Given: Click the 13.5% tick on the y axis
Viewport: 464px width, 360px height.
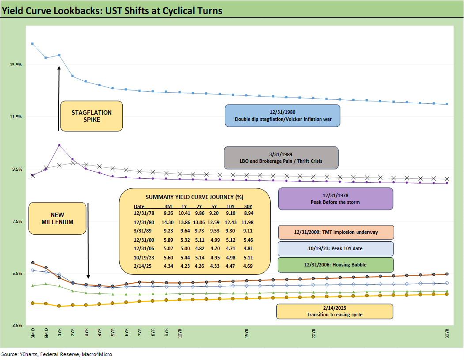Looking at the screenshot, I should tap(16, 64).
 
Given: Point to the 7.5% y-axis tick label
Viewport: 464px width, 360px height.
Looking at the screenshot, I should tap(16, 221).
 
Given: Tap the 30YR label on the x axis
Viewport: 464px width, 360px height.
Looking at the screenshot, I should tap(447, 333).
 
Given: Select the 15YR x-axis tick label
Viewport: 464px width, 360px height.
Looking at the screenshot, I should tap(246, 333).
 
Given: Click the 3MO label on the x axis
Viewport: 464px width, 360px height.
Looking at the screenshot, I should tap(32, 333).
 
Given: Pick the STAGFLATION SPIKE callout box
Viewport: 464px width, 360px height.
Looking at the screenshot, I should tap(91, 116).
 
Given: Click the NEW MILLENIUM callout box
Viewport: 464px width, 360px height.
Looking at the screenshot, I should tap(57, 218).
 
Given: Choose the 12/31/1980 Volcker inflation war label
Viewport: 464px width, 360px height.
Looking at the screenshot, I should tap(282, 116).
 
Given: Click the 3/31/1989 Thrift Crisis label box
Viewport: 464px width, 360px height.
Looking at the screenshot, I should tap(281, 157).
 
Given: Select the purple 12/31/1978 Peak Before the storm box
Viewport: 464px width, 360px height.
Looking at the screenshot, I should tap(335, 199).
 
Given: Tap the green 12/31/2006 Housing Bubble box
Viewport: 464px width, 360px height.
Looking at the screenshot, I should tap(335, 265).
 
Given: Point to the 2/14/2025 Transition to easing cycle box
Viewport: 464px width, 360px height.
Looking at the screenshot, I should tap(334, 311).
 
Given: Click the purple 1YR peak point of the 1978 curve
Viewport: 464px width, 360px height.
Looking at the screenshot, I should tap(59, 145).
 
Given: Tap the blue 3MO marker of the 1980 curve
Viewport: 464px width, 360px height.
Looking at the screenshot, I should tap(32, 44).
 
